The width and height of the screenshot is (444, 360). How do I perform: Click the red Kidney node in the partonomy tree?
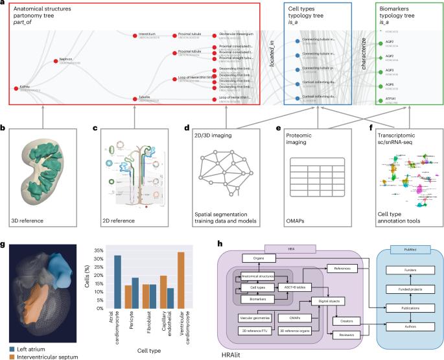coord(14,86)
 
